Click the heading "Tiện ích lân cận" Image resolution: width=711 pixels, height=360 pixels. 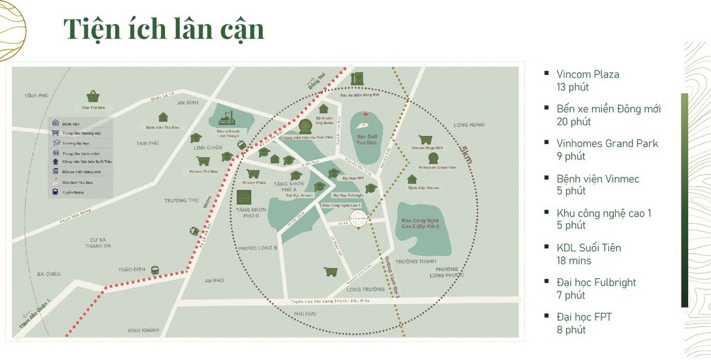(x=164, y=30)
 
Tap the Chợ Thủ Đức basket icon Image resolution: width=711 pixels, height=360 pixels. (x=93, y=96)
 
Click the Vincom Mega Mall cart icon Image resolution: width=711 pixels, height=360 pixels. (x=424, y=139)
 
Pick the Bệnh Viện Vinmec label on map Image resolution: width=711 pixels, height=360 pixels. (x=423, y=188)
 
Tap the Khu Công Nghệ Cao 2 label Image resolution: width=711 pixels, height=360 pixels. (x=423, y=224)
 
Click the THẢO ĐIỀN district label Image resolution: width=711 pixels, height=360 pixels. (x=132, y=270)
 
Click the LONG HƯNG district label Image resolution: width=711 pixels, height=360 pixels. (x=469, y=125)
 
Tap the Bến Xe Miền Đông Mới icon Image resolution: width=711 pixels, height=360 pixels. (x=358, y=78)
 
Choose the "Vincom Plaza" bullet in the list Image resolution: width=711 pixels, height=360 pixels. (x=588, y=75)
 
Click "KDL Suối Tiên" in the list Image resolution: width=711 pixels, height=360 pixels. (x=589, y=248)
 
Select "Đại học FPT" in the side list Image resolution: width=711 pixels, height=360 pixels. (x=584, y=317)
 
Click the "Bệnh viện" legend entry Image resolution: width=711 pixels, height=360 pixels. (x=71, y=123)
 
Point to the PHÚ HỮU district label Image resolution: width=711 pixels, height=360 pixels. (x=305, y=313)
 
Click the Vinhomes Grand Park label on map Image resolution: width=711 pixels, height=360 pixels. (x=437, y=168)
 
